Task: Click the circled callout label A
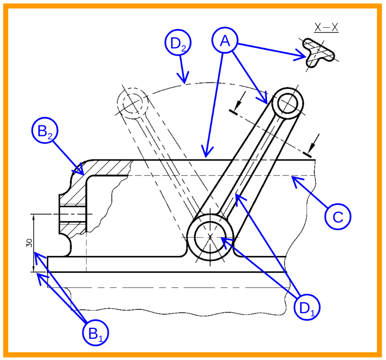225,40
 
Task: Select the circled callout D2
178,42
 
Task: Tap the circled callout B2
45,130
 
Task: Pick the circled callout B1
95,333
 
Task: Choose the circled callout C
338,217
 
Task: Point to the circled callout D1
307,307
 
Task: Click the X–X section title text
326,28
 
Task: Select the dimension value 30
29,243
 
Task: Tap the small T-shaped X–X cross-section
318,53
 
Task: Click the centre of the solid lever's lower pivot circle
210,237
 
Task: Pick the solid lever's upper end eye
287,103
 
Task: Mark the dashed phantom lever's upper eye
133,103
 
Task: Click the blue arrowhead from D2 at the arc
184,78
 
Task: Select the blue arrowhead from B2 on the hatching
79,169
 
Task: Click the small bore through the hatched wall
72,214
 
